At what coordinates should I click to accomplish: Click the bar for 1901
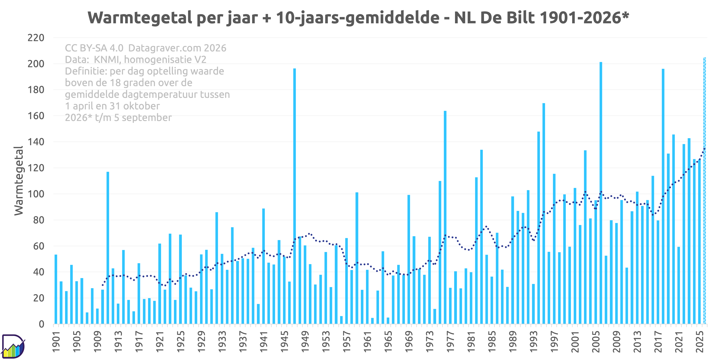click(x=56, y=289)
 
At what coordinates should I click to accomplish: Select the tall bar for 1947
click(x=295, y=196)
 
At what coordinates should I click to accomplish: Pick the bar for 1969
click(x=409, y=259)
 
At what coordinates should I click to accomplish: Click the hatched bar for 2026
click(x=705, y=191)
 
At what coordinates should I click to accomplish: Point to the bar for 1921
click(x=160, y=284)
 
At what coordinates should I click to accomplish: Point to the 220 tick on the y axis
click(x=36, y=38)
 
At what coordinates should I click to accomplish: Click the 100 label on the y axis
click(x=36, y=194)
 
